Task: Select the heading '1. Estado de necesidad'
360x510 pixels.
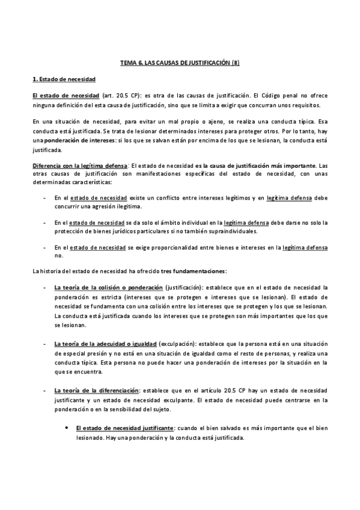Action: pos(64,79)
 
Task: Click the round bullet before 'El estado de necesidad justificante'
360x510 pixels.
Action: pos(66,428)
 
